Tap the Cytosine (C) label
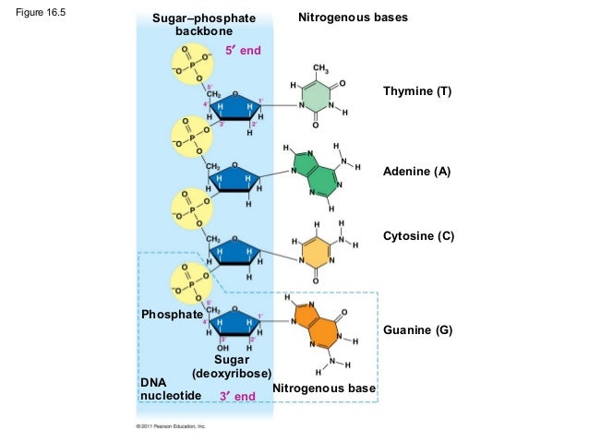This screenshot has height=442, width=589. (418, 236)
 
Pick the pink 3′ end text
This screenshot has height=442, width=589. (237, 396)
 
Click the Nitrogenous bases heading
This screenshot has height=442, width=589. (353, 18)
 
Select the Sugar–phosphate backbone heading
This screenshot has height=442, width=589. (192, 25)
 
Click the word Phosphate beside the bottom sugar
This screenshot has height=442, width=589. (171, 315)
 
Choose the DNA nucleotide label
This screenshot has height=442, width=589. (162, 388)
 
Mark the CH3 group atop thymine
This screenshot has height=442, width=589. (321, 69)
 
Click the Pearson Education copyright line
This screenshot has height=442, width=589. (170, 427)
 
